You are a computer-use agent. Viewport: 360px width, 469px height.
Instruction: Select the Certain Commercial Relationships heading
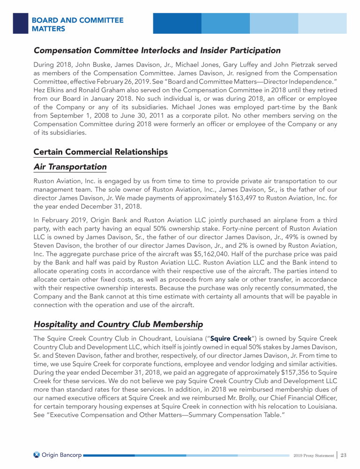click(x=100, y=152)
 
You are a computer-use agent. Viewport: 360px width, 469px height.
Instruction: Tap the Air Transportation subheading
click(x=70, y=166)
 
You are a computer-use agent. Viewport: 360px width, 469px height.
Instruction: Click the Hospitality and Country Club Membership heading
click(x=118, y=324)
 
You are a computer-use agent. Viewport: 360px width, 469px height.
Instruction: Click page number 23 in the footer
click(x=343, y=454)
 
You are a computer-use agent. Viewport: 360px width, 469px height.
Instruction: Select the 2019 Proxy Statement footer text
click(x=313, y=455)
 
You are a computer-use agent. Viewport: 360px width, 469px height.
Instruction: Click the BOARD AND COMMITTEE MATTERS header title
click(x=77, y=24)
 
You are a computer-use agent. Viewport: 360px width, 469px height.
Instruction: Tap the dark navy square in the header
click(x=20, y=23)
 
